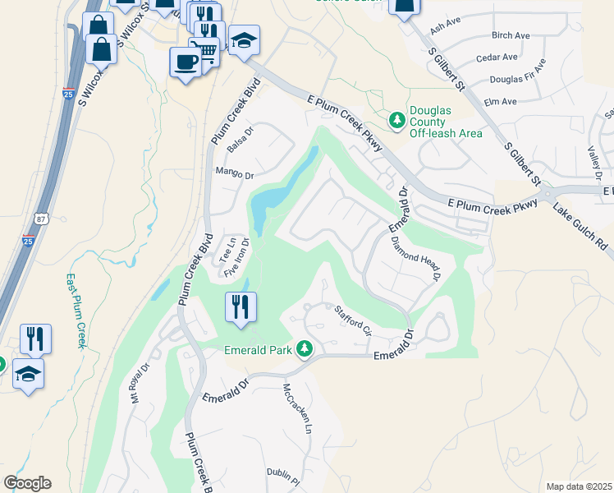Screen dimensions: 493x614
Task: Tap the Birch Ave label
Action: [x=510, y=35]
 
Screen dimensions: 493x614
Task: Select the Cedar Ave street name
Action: [x=498, y=58]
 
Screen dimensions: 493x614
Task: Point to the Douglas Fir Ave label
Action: [x=518, y=73]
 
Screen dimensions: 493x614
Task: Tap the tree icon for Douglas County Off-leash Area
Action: [x=397, y=121]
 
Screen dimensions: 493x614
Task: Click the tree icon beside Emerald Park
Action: [x=305, y=350]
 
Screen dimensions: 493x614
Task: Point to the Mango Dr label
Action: [x=234, y=173]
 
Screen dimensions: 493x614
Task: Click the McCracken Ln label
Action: [x=298, y=408]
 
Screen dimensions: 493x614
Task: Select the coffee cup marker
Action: [x=185, y=62]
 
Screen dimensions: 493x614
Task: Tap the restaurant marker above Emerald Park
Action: [x=241, y=308]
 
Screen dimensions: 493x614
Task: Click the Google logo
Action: [x=27, y=482]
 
